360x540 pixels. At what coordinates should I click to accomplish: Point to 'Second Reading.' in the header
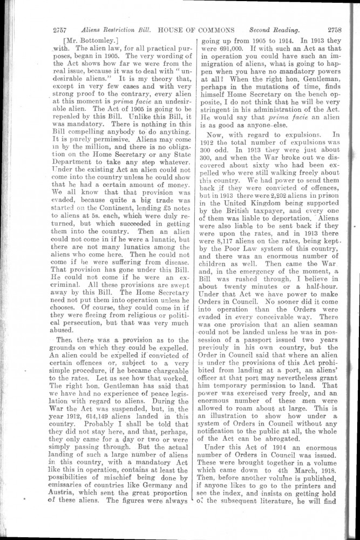(x=275, y=30)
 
